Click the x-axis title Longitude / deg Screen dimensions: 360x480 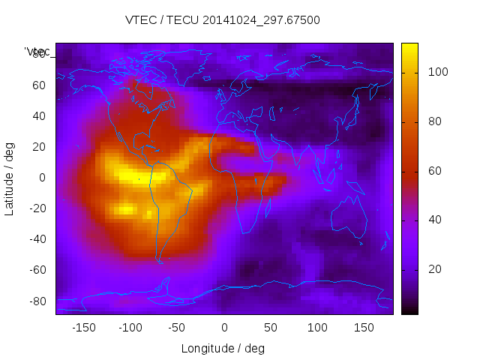(x=223, y=348)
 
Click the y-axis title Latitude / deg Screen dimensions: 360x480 (x=10, y=178)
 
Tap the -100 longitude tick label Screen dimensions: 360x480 (x=130, y=327)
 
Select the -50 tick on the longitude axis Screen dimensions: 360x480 (x=177, y=327)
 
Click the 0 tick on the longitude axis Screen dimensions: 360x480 (x=224, y=327)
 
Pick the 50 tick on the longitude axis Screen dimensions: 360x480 (x=271, y=327)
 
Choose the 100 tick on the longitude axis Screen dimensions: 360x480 (x=317, y=327)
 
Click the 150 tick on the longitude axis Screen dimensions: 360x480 (x=364, y=327)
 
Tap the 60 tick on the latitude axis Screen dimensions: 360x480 (x=40, y=85)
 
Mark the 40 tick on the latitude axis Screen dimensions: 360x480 (x=40, y=116)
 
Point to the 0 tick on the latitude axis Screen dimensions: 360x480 (x=43, y=178)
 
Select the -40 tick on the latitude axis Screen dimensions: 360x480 (x=37, y=239)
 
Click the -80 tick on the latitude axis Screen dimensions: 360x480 (x=37, y=301)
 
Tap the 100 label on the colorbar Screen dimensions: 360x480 (x=438, y=72)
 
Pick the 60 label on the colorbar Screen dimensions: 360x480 (x=435, y=171)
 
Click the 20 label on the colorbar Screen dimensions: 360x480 (x=435, y=269)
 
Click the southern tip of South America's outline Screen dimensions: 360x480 (x=160, y=262)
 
